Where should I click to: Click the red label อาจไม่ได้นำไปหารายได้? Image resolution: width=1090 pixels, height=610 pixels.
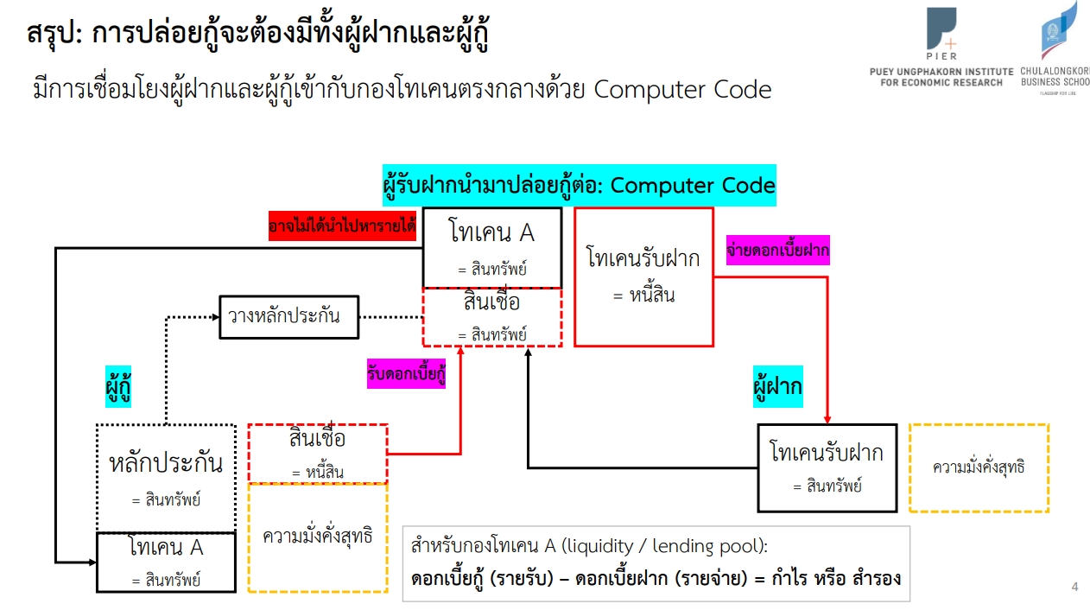click(342, 226)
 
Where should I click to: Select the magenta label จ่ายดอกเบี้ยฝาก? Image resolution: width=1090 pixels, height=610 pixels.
click(777, 251)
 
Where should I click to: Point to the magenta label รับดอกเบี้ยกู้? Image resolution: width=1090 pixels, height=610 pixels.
click(406, 374)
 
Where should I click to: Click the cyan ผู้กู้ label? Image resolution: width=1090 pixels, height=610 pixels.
click(118, 386)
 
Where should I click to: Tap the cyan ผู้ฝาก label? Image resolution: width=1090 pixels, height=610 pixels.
click(777, 386)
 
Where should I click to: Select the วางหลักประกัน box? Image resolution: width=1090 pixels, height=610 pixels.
click(289, 317)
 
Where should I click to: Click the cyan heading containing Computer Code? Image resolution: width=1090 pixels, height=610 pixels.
click(579, 186)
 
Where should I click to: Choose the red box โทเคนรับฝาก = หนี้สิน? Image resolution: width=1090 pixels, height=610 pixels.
click(643, 277)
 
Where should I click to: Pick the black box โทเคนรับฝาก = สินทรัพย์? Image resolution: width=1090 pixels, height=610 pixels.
click(827, 467)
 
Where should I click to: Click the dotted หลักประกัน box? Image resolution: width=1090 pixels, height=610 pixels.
click(166, 479)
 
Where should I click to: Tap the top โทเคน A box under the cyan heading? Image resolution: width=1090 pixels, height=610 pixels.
click(492, 248)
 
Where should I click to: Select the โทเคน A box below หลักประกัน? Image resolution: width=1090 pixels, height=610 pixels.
click(166, 562)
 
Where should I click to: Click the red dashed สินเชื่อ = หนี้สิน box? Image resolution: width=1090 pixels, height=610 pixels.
click(318, 454)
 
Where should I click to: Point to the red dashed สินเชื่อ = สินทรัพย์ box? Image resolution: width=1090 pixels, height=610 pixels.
click(492, 317)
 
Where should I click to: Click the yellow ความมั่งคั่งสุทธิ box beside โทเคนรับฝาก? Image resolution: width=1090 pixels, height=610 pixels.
click(979, 467)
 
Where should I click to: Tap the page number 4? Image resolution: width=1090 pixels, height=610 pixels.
click(1075, 587)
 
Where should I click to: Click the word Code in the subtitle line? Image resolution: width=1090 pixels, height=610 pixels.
click(743, 90)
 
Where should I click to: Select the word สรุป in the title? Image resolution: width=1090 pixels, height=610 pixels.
click(54, 34)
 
